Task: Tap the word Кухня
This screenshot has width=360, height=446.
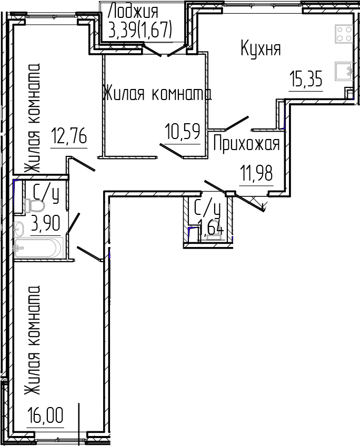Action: click(x=261, y=49)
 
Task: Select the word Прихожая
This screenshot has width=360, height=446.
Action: click(x=246, y=143)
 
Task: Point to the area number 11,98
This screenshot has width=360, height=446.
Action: click(x=256, y=173)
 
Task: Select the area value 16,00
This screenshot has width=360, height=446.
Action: click(x=45, y=416)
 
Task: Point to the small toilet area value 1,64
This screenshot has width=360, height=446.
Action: click(x=211, y=230)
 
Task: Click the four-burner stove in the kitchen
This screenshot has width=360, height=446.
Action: click(x=344, y=34)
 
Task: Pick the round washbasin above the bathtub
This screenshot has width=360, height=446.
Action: click(x=19, y=229)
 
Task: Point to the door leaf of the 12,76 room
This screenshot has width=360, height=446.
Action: click(x=81, y=164)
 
